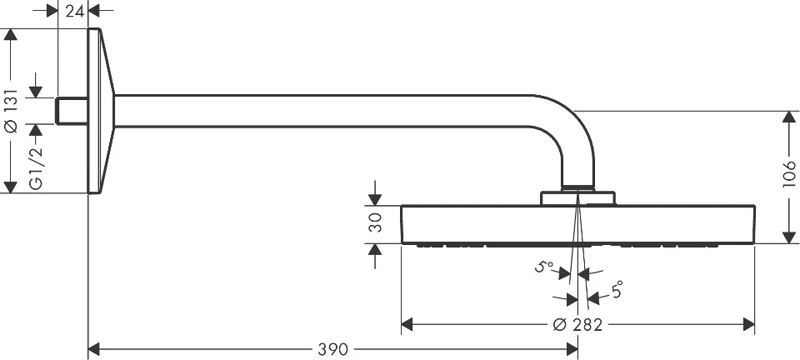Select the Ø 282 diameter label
(x=577, y=324)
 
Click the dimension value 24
(x=73, y=10)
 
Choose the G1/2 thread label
(x=36, y=172)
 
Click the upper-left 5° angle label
(x=544, y=267)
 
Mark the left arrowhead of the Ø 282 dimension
(x=407, y=324)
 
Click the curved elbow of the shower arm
(x=572, y=133)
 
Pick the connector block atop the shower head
(x=578, y=198)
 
